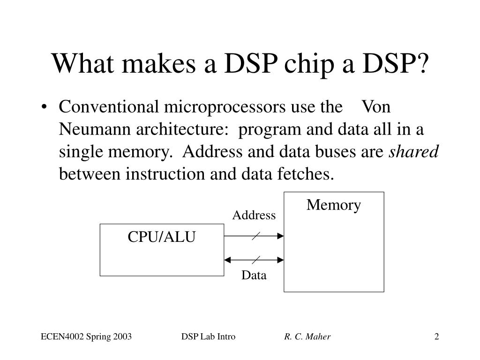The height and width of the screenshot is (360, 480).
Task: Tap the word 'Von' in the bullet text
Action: point(376,107)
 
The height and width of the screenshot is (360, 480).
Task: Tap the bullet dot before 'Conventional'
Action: point(44,108)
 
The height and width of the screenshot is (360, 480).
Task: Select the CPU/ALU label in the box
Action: point(162,237)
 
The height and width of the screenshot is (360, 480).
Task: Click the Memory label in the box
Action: point(334,205)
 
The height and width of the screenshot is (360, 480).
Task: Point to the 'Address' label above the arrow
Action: point(254,215)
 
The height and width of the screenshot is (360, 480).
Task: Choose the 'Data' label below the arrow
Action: point(254,275)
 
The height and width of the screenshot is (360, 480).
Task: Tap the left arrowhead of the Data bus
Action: point(228,259)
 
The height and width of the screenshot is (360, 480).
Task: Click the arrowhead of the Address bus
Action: point(281,236)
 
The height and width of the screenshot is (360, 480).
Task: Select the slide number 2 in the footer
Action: point(436,337)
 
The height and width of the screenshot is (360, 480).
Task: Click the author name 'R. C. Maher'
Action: point(307,337)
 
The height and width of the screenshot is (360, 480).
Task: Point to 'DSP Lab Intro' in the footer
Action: point(208,337)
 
